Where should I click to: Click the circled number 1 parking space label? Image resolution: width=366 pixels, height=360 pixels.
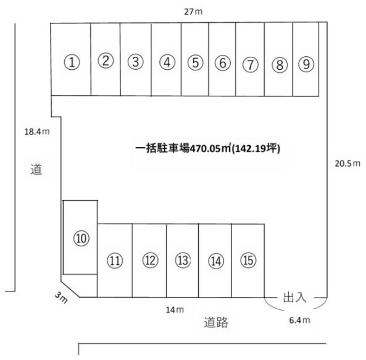[72, 62]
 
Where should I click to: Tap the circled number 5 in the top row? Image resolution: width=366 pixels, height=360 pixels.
[196, 62]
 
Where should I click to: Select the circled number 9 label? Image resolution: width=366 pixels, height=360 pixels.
[306, 64]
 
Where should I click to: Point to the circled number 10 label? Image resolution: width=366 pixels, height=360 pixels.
[81, 238]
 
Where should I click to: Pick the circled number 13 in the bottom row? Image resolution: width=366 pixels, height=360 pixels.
[183, 260]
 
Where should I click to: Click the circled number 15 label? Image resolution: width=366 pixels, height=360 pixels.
[248, 260]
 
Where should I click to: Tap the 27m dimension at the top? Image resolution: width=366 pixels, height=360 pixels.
[193, 12]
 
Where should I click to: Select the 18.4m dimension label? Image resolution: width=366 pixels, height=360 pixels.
[37, 132]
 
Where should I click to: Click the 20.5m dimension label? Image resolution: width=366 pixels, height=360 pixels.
[347, 164]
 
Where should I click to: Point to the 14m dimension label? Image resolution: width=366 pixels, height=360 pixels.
[175, 310]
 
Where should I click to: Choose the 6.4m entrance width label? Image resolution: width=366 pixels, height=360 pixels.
[300, 320]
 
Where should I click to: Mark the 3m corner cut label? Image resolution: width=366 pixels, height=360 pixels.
[61, 298]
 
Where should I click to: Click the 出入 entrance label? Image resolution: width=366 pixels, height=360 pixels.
[294, 298]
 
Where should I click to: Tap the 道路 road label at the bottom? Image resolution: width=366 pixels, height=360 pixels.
[216, 322]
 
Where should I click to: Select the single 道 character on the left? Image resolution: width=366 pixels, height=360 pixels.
[36, 169]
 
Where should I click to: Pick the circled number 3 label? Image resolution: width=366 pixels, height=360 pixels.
[136, 62]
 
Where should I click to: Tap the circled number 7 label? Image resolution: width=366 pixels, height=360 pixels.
[250, 64]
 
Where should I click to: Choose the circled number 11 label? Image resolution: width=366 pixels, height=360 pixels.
[115, 261]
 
